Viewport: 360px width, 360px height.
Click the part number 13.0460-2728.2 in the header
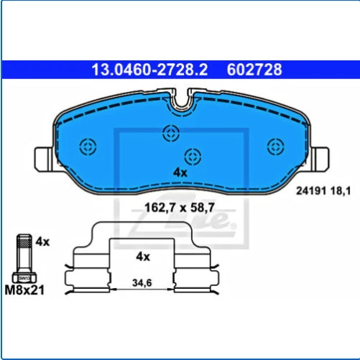point(148,70)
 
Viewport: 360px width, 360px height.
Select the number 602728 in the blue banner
point(254,70)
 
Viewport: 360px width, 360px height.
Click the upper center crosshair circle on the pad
point(170,132)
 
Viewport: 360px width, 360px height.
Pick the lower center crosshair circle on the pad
point(192,155)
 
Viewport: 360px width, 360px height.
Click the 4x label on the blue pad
point(180,172)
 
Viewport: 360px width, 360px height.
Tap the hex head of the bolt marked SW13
point(23,276)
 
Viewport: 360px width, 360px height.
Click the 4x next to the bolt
point(42,241)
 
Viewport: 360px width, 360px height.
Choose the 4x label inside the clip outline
point(142,256)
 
